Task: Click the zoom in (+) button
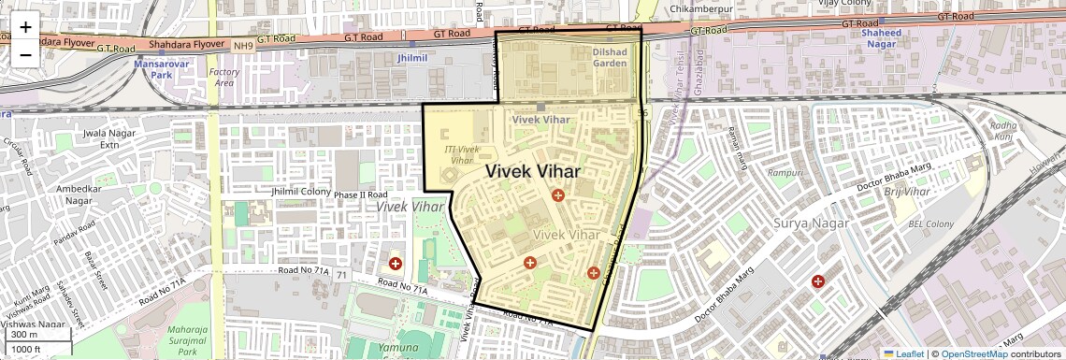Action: [25, 27]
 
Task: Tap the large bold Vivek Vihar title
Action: [533, 172]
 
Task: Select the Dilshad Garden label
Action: [615, 58]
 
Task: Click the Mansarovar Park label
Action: [154, 68]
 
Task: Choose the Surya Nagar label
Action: [811, 223]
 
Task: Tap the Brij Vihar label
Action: [907, 192]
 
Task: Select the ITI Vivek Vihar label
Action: [462, 154]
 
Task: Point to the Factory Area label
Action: [223, 78]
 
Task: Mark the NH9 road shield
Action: [243, 45]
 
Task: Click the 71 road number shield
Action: [342, 275]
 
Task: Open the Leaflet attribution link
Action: [903, 353]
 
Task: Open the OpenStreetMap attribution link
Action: [973, 353]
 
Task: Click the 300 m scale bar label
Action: [25, 335]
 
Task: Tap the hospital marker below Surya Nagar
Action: [818, 281]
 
